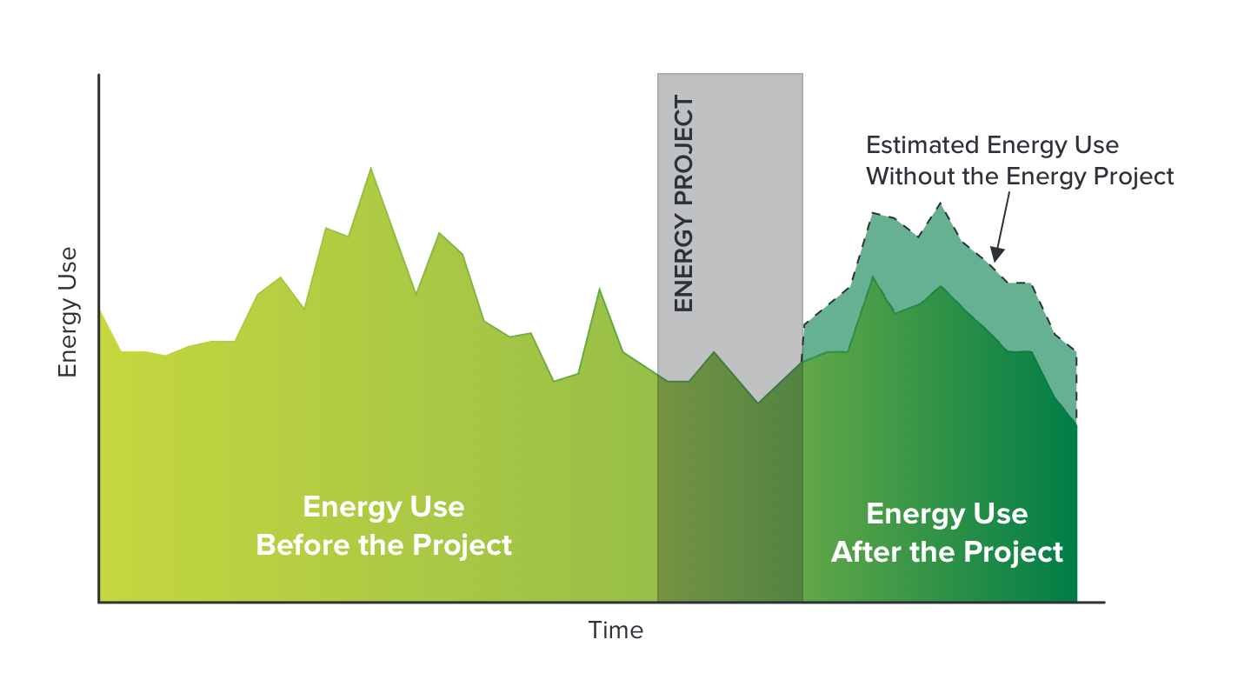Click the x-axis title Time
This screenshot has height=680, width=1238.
pyautogui.click(x=616, y=630)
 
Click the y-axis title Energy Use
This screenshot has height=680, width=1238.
pyautogui.click(x=68, y=312)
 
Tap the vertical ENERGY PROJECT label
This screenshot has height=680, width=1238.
pyautogui.click(x=683, y=203)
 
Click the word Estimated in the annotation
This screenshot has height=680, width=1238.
pyautogui.click(x=922, y=145)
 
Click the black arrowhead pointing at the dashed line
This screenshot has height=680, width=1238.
pyautogui.click(x=996, y=254)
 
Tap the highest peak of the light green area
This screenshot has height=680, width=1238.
pyautogui.click(x=371, y=168)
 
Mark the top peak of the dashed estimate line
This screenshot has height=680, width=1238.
pyautogui.click(x=940, y=203)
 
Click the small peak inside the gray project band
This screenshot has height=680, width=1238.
pyautogui.click(x=714, y=351)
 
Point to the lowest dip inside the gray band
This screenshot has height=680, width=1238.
pyautogui.click(x=758, y=402)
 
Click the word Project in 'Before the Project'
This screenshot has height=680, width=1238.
pyautogui.click(x=462, y=546)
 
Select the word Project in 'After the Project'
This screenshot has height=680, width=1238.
pyautogui.click(x=1014, y=553)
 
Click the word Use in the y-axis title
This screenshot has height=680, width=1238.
pyautogui.click(x=68, y=268)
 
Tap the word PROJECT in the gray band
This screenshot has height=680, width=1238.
pyautogui.click(x=683, y=150)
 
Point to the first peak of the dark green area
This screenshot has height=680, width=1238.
pyautogui.click(x=873, y=277)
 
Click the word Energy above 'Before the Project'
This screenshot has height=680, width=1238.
pyautogui.click(x=345, y=508)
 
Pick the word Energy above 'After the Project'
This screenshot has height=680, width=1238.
pyautogui.click(x=909, y=515)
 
